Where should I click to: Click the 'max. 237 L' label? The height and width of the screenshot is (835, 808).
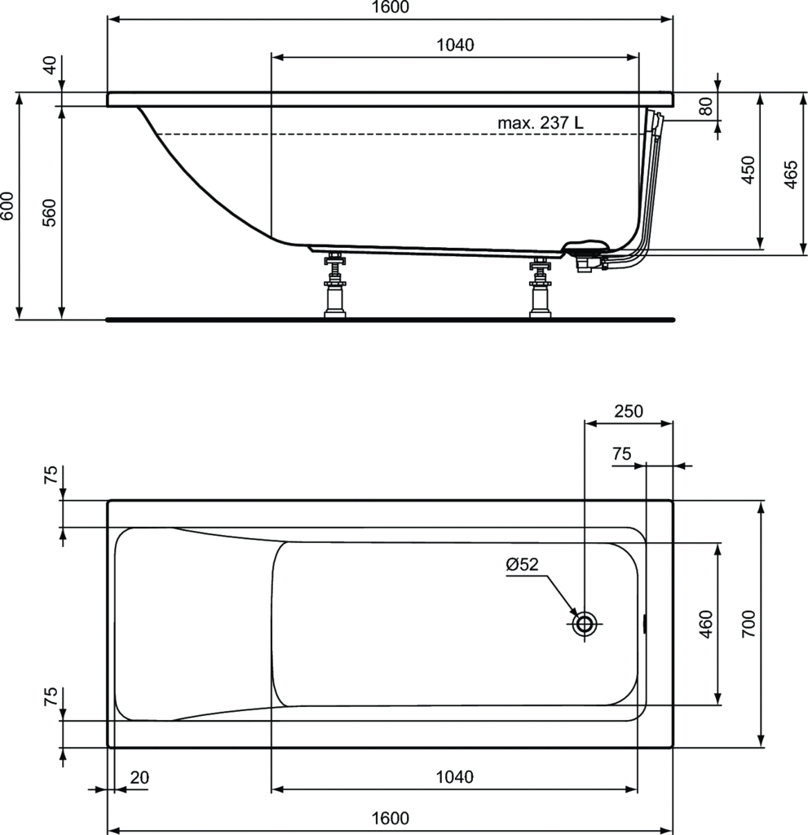tap(540, 123)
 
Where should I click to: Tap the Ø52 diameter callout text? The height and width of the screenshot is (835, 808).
tap(522, 564)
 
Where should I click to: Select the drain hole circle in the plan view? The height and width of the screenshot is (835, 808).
tap(585, 622)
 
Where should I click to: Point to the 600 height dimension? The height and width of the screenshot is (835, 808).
tap(7, 206)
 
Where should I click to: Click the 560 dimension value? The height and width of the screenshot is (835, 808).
tap(50, 213)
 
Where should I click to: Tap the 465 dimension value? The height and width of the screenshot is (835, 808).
tap(791, 174)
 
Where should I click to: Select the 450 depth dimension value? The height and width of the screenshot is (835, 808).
tap(748, 170)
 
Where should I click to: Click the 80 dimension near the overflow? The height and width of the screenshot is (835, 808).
tap(705, 107)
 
